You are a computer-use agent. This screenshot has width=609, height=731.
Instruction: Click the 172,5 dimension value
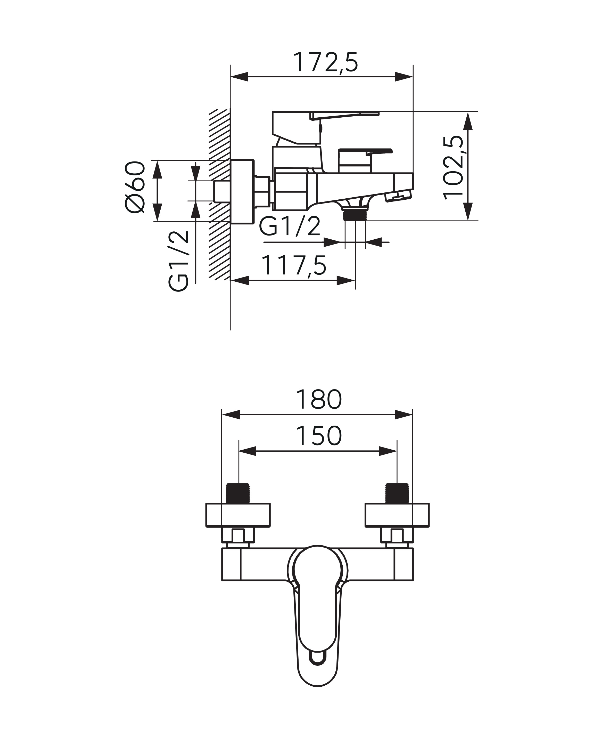(x=325, y=63)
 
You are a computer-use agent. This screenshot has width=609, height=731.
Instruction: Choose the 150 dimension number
(x=318, y=436)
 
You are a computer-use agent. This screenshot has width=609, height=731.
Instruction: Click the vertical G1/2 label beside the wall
(x=178, y=261)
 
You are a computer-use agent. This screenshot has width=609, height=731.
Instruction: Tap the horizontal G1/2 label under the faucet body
(x=290, y=227)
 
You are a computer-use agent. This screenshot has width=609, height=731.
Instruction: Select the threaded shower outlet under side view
(x=355, y=215)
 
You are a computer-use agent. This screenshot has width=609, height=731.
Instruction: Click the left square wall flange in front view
(x=238, y=515)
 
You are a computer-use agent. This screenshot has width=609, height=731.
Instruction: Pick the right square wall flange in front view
(x=397, y=515)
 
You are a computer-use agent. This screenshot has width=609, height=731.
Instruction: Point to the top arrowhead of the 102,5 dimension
(x=468, y=121)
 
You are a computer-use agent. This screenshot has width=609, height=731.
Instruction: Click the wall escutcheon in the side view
(x=242, y=191)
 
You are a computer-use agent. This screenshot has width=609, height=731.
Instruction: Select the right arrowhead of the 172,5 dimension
(x=404, y=77)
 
